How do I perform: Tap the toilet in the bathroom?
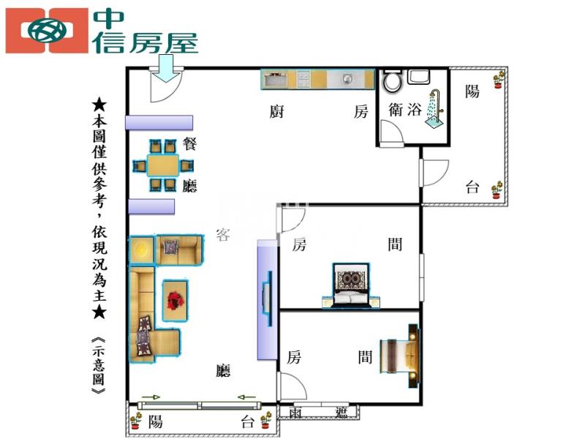click(393, 80)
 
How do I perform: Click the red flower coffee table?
click(175, 300)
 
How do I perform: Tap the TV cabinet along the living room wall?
click(267, 300)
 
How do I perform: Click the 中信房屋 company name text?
click(146, 31)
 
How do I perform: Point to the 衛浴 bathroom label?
click(405, 110)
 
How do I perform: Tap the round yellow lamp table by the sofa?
click(141, 251)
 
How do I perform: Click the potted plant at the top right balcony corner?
click(499, 78)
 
